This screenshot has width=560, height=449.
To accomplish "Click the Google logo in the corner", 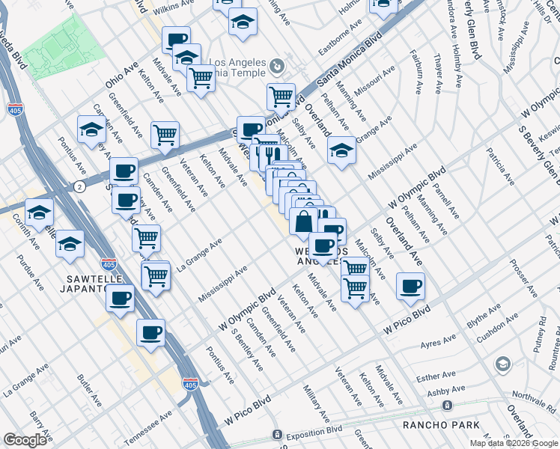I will click(x=25, y=440).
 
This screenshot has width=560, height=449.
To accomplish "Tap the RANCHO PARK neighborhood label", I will click(x=440, y=425).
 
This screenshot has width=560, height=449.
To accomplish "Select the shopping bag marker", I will click(x=303, y=222).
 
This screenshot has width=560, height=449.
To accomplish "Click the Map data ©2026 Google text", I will click(x=513, y=443).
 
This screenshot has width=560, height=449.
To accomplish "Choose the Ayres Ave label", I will click(x=439, y=343).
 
